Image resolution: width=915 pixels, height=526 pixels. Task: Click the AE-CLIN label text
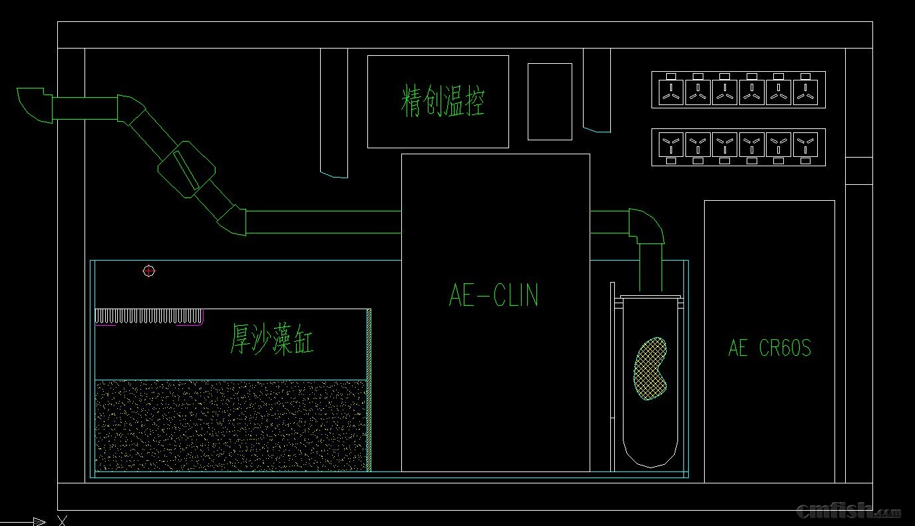pos(494,295)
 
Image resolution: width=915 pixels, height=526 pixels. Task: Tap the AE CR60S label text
pos(770,348)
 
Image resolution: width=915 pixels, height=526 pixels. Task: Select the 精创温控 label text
pos(443,102)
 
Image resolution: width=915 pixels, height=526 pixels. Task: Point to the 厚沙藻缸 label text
pos(272,339)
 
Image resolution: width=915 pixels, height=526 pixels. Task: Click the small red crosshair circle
pos(149,271)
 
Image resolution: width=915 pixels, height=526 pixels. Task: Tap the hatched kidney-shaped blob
pos(649,369)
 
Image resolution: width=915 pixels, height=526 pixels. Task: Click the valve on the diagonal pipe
pos(186,169)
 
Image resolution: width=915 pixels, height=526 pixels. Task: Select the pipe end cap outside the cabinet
pos(34,104)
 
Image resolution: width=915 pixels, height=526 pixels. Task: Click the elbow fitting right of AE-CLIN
pos(646,226)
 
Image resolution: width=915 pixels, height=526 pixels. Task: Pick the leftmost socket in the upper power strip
pos(671,91)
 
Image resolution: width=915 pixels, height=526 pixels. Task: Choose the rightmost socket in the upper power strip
pos(805,91)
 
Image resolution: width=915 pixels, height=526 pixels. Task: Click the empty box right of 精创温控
pos(550,102)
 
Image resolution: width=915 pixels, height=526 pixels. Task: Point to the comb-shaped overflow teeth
pos(149,316)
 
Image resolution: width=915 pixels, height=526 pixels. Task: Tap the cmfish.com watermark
pos(848,511)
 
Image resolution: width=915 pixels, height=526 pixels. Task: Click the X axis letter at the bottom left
pos(62,520)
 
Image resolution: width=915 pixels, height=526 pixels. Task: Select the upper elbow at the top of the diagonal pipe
pos(131,110)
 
